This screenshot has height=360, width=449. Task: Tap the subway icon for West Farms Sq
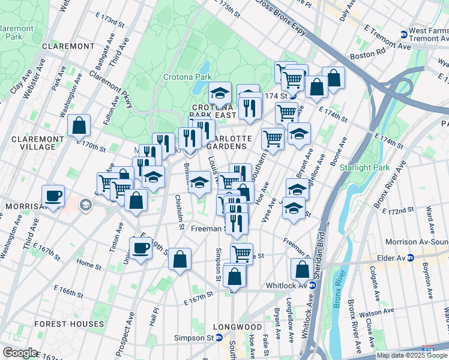(404, 34)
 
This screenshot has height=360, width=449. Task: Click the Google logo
(20, 353)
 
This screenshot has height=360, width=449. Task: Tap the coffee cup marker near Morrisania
(53, 196)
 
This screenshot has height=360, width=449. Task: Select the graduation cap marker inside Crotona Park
(220, 93)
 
